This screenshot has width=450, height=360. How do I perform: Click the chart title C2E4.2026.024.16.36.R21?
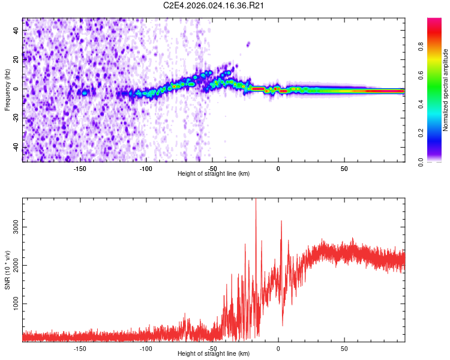[214, 5]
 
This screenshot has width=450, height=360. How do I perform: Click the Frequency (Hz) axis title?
[7, 90]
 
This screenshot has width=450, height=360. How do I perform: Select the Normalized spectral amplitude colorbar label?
[446, 90]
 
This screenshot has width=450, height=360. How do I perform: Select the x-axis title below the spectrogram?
[214, 174]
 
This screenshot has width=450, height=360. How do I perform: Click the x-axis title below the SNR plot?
[214, 354]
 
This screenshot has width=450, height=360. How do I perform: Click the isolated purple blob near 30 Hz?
[248, 43]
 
